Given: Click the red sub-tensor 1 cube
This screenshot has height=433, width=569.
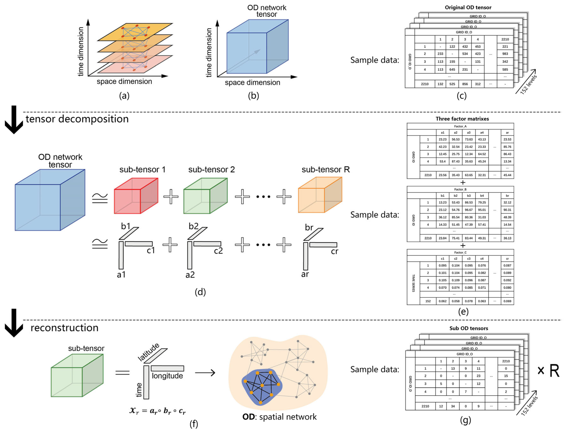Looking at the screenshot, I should pyautogui.click(x=136, y=196).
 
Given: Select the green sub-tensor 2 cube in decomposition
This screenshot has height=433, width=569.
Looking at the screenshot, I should pyautogui.click(x=205, y=196).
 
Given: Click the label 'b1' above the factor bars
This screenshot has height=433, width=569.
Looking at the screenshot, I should pyautogui.click(x=126, y=226).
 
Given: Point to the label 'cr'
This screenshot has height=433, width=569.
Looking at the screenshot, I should pyautogui.click(x=334, y=251).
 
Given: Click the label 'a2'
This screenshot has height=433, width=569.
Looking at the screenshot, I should pyautogui.click(x=190, y=275).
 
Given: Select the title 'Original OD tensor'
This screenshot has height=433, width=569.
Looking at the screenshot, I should pyautogui.click(x=468, y=7).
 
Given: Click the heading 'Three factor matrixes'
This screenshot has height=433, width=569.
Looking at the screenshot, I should pyautogui.click(x=462, y=119).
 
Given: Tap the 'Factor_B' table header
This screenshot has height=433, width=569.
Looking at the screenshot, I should pyautogui.click(x=460, y=189).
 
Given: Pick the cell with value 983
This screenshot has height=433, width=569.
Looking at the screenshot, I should pyautogui.click(x=505, y=54).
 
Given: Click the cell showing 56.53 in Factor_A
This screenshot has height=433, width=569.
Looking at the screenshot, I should pyautogui.click(x=456, y=140).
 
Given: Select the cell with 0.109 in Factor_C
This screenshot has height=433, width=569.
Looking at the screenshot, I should pyautogui.click(x=456, y=280).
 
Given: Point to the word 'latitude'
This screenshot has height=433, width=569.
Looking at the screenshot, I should pyautogui.click(x=148, y=352).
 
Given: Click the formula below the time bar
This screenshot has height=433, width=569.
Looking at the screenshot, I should pyautogui.click(x=157, y=411).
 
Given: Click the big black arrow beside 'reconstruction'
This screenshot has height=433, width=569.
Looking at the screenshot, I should pyautogui.click(x=14, y=323).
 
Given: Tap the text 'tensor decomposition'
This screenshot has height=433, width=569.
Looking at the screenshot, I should pyautogui.click(x=77, y=119).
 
